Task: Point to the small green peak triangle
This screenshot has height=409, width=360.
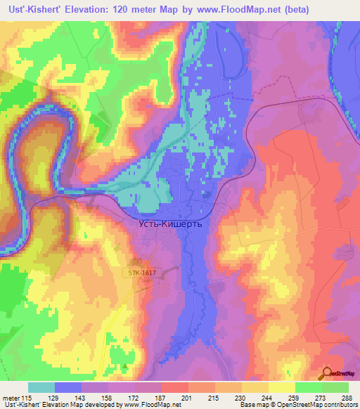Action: (126, 365)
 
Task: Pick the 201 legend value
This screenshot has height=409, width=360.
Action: (186, 397)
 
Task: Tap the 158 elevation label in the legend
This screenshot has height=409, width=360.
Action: (108, 397)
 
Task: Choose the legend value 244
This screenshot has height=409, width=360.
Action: (265, 397)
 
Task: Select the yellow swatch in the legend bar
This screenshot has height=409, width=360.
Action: (282, 387)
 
